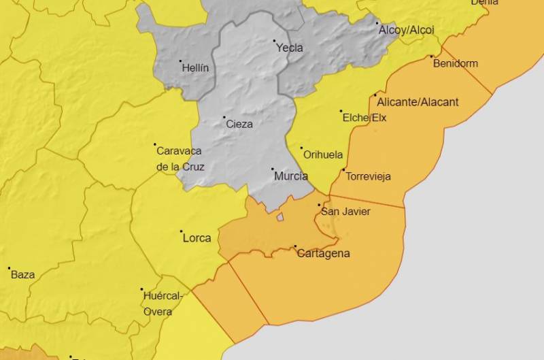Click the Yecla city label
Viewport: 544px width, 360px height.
[x=290, y=48]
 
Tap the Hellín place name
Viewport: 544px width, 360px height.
[x=196, y=68]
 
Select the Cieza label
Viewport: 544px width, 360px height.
[x=239, y=124]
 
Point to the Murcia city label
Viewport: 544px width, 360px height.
[x=290, y=176]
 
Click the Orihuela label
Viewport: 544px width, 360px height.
[x=323, y=154]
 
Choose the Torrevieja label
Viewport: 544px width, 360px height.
[x=369, y=176]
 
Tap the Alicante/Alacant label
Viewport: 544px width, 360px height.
[x=418, y=102]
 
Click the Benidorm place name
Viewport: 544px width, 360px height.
[x=456, y=63]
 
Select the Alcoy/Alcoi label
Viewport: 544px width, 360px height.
[x=406, y=30]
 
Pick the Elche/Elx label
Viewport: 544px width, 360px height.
[x=364, y=117]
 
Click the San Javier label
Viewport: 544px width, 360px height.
[x=345, y=212]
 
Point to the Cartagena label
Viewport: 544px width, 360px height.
[x=324, y=253]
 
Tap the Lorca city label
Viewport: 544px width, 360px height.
[x=197, y=238]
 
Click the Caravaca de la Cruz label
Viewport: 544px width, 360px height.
[x=180, y=159]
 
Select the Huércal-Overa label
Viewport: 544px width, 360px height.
[x=163, y=304]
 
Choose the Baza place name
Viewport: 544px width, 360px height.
[x=22, y=275]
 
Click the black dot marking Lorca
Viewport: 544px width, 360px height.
[x=181, y=231]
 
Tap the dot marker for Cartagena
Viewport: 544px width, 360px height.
[x=295, y=246]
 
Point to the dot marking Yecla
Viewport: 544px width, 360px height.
[x=275, y=41]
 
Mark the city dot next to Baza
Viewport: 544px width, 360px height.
[x=9, y=268]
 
